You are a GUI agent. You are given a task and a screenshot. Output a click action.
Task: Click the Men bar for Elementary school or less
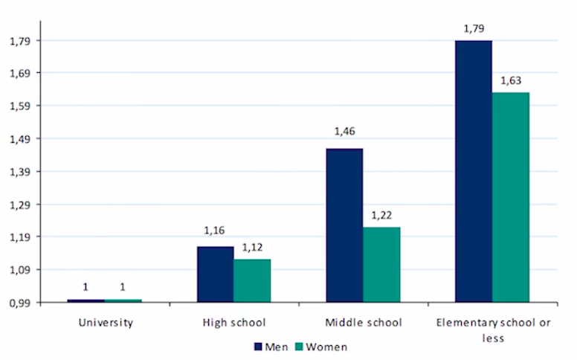pos(474,171)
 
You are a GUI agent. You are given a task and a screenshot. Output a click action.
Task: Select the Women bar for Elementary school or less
pos(511,197)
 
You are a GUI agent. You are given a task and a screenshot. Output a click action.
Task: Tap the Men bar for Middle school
pos(344,225)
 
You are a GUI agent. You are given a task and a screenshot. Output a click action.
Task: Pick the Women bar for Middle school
pos(381,264)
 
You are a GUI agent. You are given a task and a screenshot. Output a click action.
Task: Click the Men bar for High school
pos(215,274)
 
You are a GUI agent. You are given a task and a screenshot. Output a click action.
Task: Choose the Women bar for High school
pos(252,280)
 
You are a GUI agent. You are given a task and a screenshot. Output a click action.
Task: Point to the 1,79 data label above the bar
pos(473,30)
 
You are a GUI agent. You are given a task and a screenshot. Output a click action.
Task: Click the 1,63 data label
pos(510,80)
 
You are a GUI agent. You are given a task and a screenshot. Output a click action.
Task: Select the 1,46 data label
pos(344,132)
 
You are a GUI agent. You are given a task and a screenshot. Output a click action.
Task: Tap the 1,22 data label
pos(381,215)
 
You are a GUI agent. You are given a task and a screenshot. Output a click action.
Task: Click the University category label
pos(105,323)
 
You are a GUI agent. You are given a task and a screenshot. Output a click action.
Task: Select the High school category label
pos(233,323)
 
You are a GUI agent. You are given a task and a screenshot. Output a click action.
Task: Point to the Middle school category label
pos(364,323)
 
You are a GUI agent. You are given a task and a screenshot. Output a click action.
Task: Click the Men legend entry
pos(272,347)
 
